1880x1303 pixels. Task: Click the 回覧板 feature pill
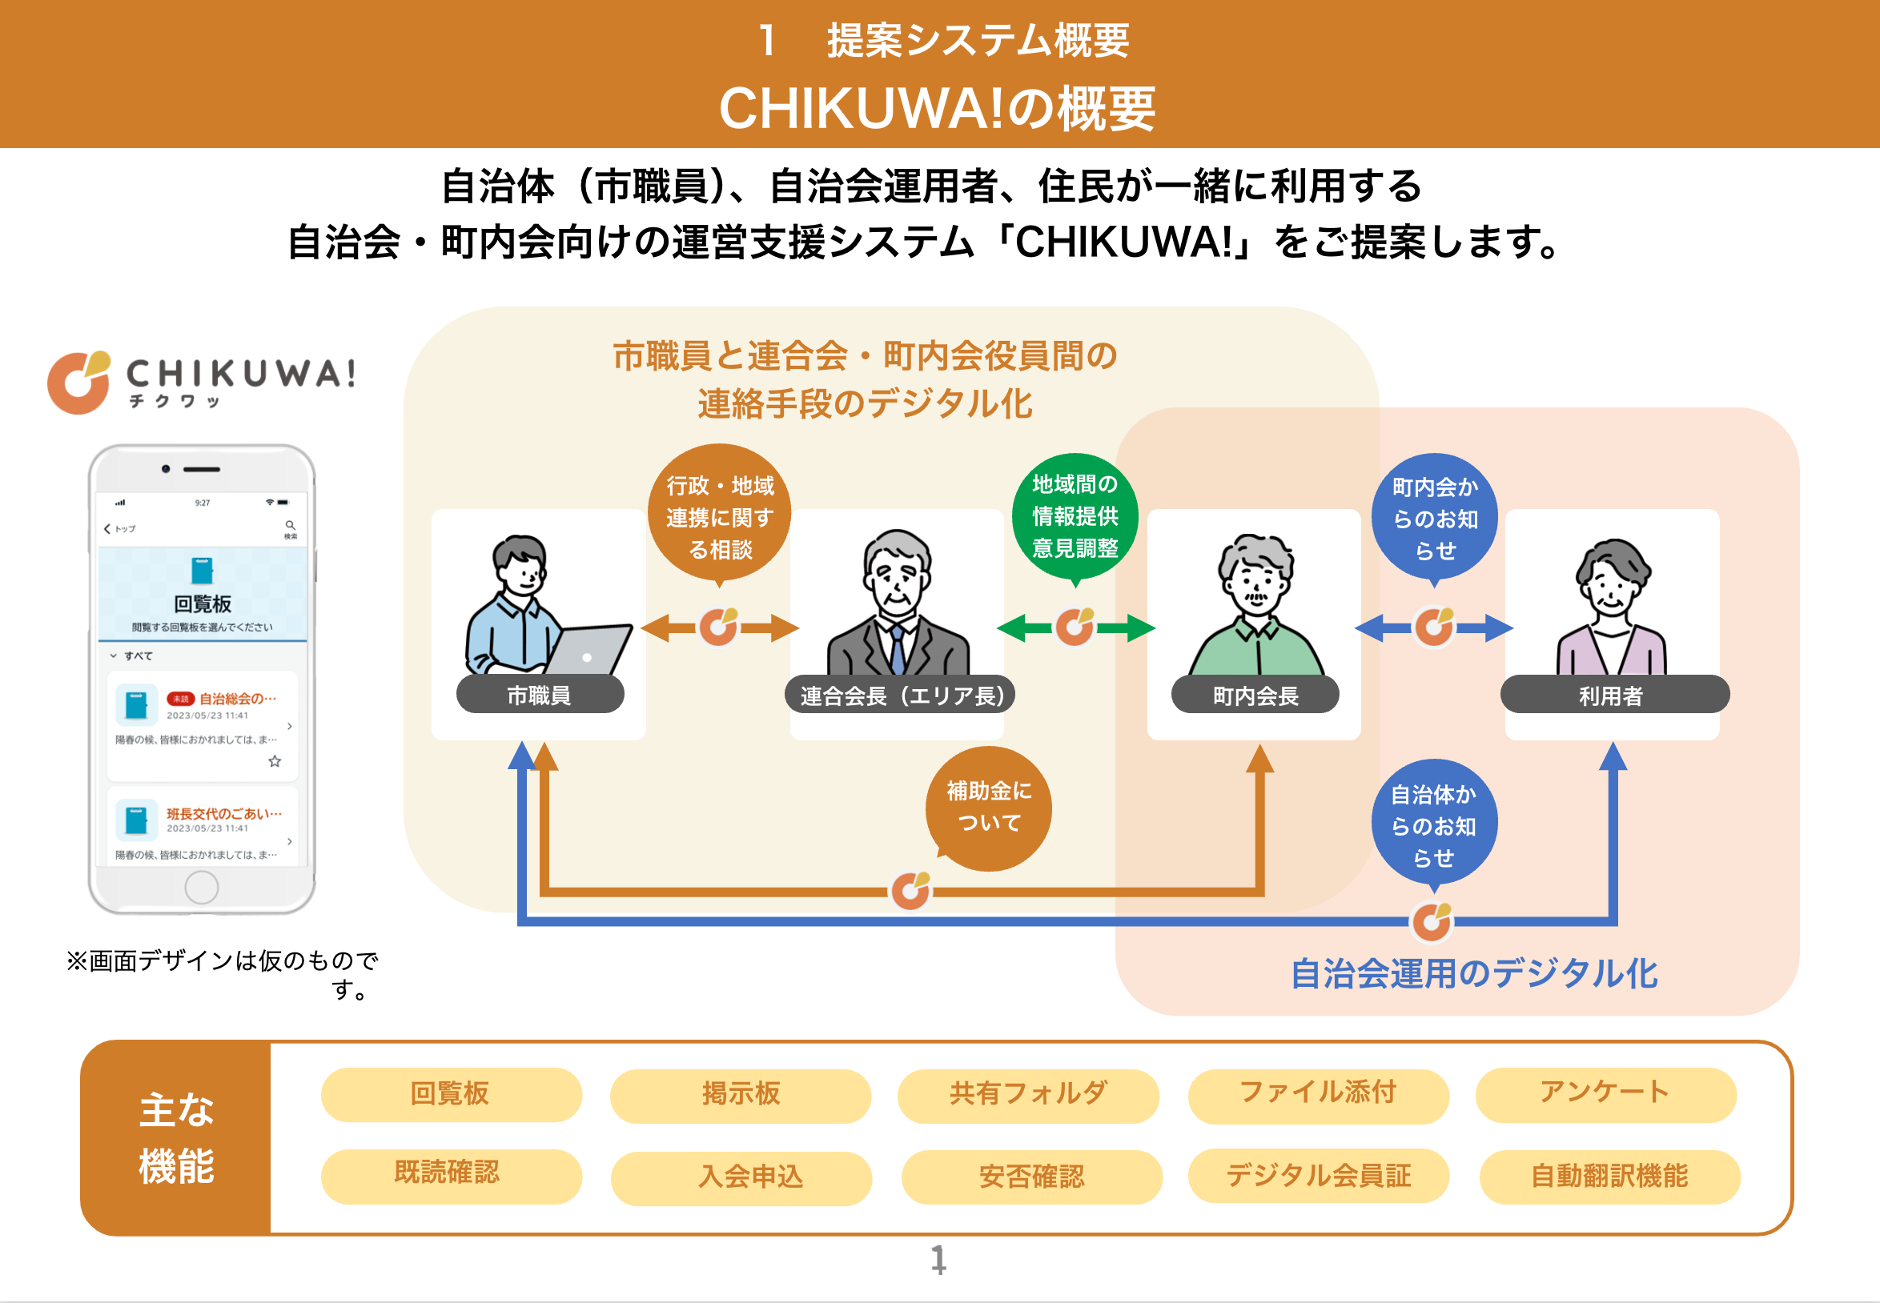coord(451,1094)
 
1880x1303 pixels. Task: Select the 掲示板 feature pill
coord(740,1095)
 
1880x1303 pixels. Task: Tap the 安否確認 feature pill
coord(1030,1177)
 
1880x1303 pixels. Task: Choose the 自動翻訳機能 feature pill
coord(1609,1177)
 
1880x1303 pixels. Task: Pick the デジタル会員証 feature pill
coord(1318,1176)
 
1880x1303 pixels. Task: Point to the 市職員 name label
coord(539,696)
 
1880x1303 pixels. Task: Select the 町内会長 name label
coord(1255,696)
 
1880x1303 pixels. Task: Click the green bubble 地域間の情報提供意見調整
coord(1075,516)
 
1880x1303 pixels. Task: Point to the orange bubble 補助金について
coord(988,808)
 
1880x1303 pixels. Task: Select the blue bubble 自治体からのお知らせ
coord(1433,824)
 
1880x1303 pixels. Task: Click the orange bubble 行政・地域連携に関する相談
coord(719,515)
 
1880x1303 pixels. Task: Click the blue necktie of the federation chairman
coord(898,649)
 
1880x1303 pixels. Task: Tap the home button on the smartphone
coord(201,887)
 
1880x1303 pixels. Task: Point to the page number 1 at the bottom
coord(939,1260)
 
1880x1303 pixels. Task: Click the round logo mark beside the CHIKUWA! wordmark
coord(78,382)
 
